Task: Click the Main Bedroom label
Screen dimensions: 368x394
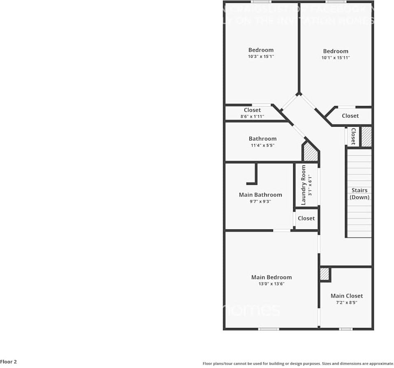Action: coord(271,277)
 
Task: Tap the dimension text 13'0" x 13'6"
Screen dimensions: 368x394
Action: coord(271,284)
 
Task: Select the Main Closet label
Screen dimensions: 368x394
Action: coord(347,296)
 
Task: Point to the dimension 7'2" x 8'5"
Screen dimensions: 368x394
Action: coord(347,302)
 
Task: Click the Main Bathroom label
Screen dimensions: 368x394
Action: coord(260,195)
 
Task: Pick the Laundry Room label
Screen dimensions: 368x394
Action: coord(303,185)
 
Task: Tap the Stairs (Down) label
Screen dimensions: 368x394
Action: coord(359,194)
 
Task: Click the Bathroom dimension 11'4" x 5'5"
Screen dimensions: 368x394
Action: coord(262,145)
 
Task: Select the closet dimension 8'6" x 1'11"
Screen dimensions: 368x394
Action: coord(252,117)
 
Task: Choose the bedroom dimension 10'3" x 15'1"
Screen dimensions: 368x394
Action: coord(261,57)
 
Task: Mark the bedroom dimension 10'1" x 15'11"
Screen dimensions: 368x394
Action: coord(336,58)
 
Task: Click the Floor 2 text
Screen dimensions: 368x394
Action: coord(9,362)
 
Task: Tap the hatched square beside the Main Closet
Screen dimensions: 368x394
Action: coord(324,274)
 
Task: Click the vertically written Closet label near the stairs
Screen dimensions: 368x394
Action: coord(353,136)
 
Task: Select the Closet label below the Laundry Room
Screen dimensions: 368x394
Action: coord(306,218)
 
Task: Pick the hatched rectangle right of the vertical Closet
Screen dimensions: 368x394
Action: coord(366,137)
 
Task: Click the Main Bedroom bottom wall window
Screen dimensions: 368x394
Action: coord(268,329)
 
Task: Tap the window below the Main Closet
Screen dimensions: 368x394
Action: coord(346,329)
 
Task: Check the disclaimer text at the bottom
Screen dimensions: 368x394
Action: coord(298,363)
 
